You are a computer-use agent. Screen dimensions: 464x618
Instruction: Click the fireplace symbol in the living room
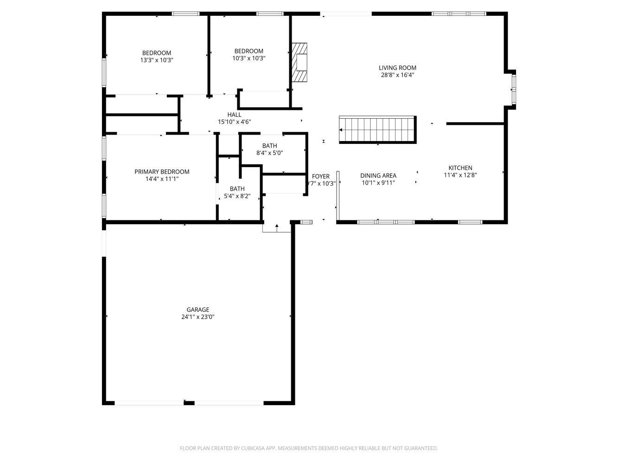[299, 63]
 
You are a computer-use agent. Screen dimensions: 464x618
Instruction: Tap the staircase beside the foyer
[378, 130]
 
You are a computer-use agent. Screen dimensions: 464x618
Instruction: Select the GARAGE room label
[198, 309]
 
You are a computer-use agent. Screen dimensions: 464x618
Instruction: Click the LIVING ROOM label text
[397, 68]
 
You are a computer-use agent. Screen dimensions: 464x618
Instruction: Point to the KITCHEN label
[460, 168]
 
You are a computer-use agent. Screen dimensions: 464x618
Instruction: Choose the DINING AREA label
[378, 175]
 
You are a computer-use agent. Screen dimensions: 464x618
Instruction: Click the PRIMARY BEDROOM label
[162, 172]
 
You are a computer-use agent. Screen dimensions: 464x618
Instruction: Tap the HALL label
[234, 115]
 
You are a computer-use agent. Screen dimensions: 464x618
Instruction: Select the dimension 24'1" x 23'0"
[198, 317]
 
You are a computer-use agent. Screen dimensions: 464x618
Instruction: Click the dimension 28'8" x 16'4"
[397, 75]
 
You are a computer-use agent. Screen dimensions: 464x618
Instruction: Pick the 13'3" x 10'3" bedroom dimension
[157, 60]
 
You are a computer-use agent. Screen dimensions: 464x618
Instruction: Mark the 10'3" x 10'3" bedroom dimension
[249, 58]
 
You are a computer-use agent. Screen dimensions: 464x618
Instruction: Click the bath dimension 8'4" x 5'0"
[269, 153]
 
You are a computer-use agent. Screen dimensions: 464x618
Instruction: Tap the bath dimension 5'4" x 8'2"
[237, 196]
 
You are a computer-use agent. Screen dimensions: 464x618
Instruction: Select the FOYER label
[321, 176]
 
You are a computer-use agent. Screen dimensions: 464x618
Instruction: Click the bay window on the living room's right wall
[514, 89]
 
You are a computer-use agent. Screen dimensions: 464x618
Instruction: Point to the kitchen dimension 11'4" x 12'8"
[460, 175]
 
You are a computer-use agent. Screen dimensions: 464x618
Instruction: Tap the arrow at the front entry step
[277, 227]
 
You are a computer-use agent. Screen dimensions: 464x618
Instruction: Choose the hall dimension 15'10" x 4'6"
[234, 122]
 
